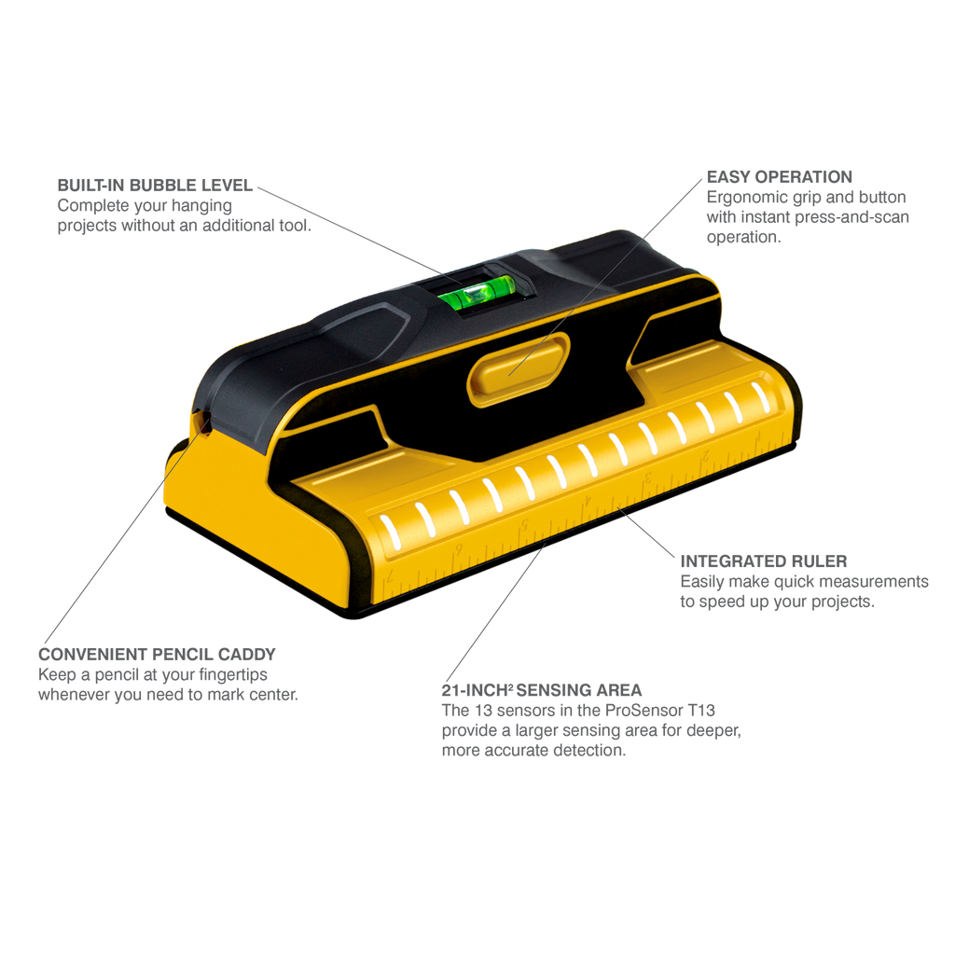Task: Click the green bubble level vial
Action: [x=477, y=291]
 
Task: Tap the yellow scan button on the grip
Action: [x=519, y=368]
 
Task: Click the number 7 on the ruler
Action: [x=391, y=574]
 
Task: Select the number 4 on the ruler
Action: [x=588, y=500]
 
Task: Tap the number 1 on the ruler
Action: [x=757, y=436]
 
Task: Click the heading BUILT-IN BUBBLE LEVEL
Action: [x=155, y=186]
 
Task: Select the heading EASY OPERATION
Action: [x=779, y=176]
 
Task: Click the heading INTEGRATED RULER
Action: [x=763, y=561]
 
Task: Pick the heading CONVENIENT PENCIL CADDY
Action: [x=157, y=654]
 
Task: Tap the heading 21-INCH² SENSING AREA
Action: [x=542, y=690]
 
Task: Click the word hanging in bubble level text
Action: [x=201, y=206]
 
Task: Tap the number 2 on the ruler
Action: [x=705, y=455]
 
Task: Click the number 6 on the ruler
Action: [x=458, y=548]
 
